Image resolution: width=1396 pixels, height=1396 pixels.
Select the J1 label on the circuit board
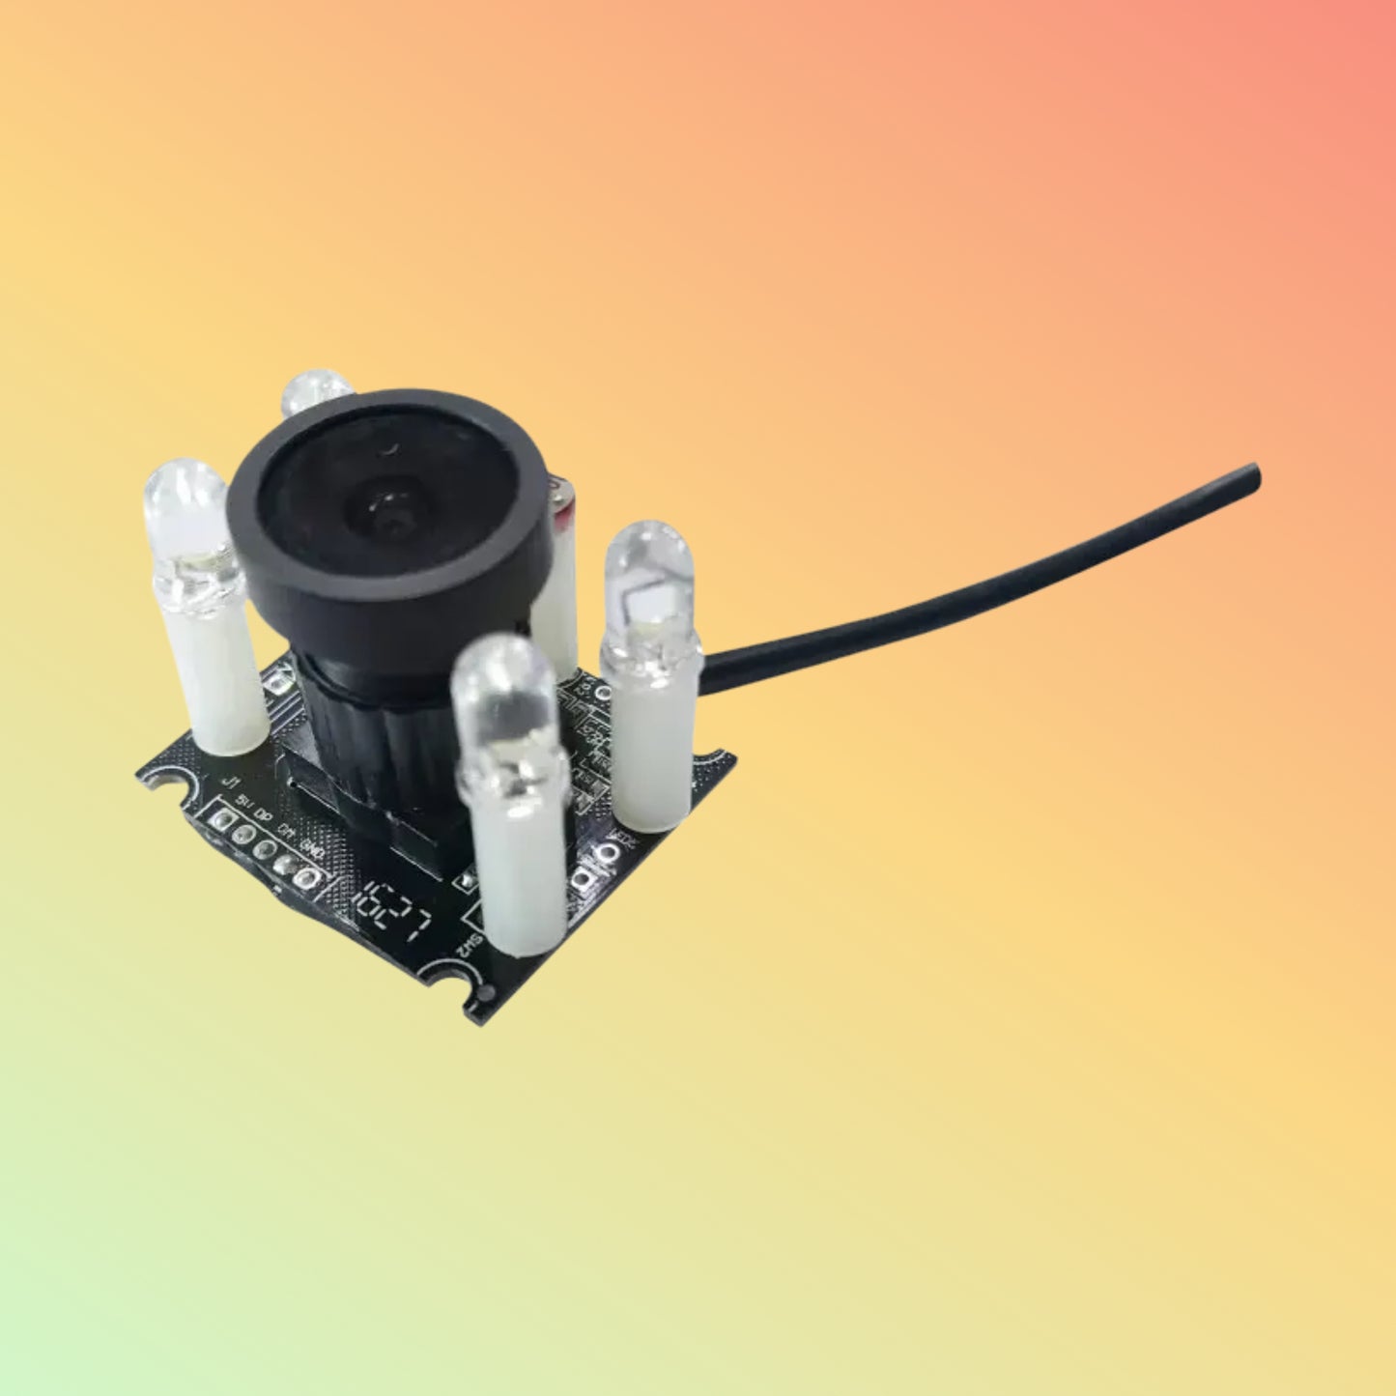click(230, 781)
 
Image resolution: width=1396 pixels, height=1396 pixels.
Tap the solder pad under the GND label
click(305, 878)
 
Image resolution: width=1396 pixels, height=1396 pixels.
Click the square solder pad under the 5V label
click(221, 820)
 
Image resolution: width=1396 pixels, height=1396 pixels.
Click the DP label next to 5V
click(262, 812)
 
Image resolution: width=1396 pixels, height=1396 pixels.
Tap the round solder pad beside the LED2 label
click(609, 853)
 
